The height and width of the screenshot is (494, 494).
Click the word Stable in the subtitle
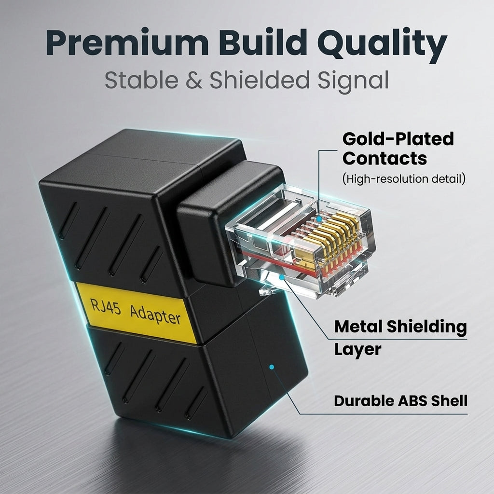[x=141, y=80]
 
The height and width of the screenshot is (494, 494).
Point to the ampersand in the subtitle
[x=193, y=81]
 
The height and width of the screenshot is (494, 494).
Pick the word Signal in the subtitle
[x=353, y=81]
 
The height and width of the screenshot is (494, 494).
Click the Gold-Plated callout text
[x=398, y=139]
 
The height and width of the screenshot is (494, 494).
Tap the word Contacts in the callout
[x=384, y=158]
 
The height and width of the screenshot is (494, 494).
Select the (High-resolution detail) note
[x=404, y=179]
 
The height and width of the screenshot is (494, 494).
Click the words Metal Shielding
[x=400, y=327]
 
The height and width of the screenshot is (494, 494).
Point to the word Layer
[x=357, y=349]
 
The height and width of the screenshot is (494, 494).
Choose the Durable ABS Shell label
[x=400, y=401]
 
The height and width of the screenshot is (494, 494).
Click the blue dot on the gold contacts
[x=319, y=219]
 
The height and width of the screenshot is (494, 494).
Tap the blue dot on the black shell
[x=272, y=367]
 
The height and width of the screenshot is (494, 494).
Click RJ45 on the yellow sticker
[x=106, y=306]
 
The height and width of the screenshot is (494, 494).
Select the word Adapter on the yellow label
[x=155, y=314]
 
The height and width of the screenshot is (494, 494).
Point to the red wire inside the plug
[x=277, y=261]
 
